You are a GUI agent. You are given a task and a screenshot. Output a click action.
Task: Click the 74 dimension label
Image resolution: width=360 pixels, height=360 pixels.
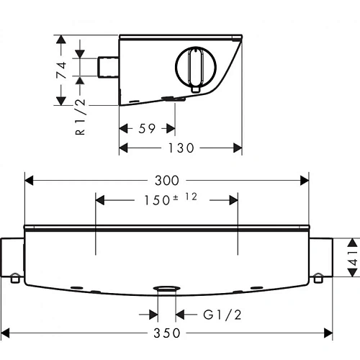[61, 70]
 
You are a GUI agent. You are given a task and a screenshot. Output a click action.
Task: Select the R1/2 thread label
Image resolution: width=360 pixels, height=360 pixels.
[80, 117]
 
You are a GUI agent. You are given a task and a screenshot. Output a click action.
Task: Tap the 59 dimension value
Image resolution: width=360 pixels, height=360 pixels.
[147, 129]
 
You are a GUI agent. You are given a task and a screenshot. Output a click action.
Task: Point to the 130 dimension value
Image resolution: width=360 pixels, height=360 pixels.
[181, 148]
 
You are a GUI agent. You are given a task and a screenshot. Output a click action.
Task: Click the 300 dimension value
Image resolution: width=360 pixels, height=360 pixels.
[167, 181]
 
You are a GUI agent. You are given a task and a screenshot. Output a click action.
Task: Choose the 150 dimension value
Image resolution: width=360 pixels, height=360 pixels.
[157, 200]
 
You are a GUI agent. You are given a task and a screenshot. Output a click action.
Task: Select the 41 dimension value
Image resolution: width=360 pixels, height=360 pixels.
[354, 258]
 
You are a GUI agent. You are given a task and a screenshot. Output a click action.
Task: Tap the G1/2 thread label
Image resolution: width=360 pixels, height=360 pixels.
[222, 315]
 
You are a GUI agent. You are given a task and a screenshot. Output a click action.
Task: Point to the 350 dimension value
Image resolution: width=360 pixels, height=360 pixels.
[167, 333]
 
